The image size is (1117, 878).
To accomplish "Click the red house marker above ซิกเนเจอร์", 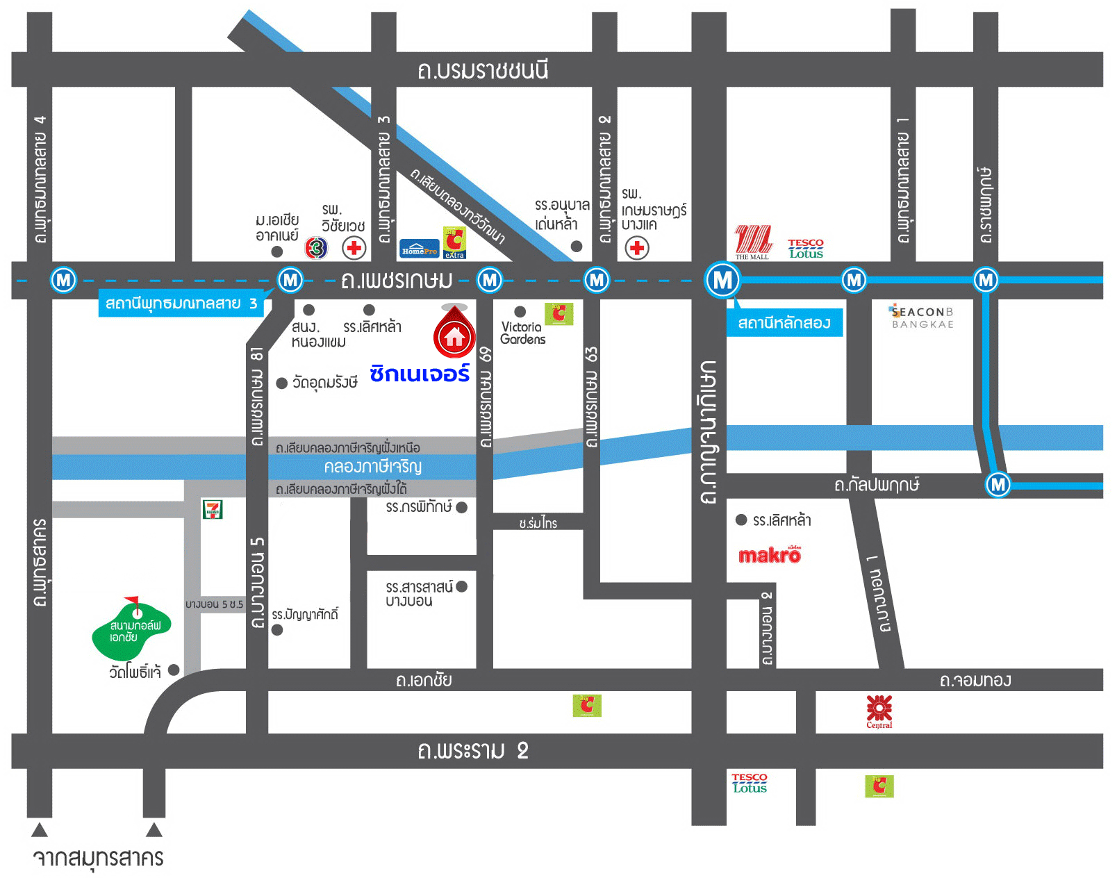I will pyautogui.click(x=454, y=334).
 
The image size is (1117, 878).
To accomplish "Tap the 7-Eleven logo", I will pyautogui.click(x=213, y=510).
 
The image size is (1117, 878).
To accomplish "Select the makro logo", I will pyautogui.click(x=770, y=555).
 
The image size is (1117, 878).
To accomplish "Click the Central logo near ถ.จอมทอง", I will pyautogui.click(x=879, y=711).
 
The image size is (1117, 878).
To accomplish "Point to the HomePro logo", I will pyautogui.click(x=420, y=249).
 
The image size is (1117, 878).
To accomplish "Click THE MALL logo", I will pyautogui.click(x=753, y=241).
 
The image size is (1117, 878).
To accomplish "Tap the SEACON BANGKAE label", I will pyautogui.click(x=922, y=317).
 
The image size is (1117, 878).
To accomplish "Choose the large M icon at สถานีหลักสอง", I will pyautogui.click(x=722, y=280).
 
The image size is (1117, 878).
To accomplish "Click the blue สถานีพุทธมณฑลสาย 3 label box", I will pyautogui.click(x=181, y=304).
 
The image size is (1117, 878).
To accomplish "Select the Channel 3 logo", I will pyautogui.click(x=316, y=247).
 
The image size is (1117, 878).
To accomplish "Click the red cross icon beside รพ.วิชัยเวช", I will pyautogui.click(x=354, y=248).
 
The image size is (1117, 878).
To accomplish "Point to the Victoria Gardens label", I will pyautogui.click(x=522, y=333).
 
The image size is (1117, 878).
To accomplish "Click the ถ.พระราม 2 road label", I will pyautogui.click(x=473, y=751).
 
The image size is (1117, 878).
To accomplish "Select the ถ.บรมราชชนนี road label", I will pyautogui.click(x=483, y=70).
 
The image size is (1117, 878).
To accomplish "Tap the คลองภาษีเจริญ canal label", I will pyautogui.click(x=373, y=466).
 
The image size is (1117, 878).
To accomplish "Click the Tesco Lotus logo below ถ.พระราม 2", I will pyautogui.click(x=750, y=783).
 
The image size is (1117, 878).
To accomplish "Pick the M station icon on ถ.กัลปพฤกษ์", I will pyautogui.click(x=998, y=484).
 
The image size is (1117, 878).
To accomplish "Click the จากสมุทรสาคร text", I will pyautogui.click(x=98, y=858).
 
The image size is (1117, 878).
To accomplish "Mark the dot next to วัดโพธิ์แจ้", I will pyautogui.click(x=174, y=670).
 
